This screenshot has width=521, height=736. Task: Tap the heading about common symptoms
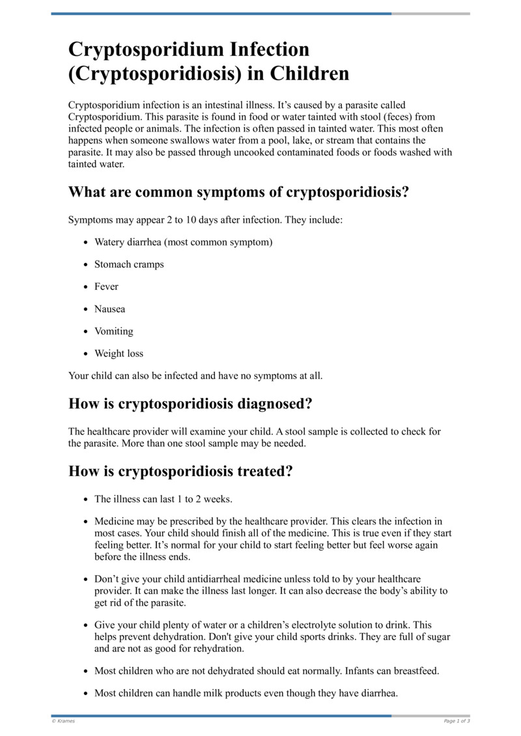point(239,192)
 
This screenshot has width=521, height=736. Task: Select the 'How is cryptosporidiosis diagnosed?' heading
point(190,403)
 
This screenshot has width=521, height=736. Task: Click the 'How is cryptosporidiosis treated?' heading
point(180,471)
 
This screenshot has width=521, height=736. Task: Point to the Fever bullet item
point(106,287)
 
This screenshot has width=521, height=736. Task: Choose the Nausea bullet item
point(109,309)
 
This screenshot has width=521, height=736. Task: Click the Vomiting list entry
point(113,331)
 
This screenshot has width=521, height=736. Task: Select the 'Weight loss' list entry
point(119,353)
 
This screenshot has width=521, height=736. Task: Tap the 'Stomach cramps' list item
point(129,264)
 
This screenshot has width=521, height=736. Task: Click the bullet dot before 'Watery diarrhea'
point(87,242)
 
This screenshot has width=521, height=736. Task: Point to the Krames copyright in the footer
point(63,721)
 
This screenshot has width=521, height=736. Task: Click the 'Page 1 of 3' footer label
point(457,721)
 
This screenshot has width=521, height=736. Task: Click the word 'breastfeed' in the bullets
point(415,671)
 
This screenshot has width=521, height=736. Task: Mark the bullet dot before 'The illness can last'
point(87,499)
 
